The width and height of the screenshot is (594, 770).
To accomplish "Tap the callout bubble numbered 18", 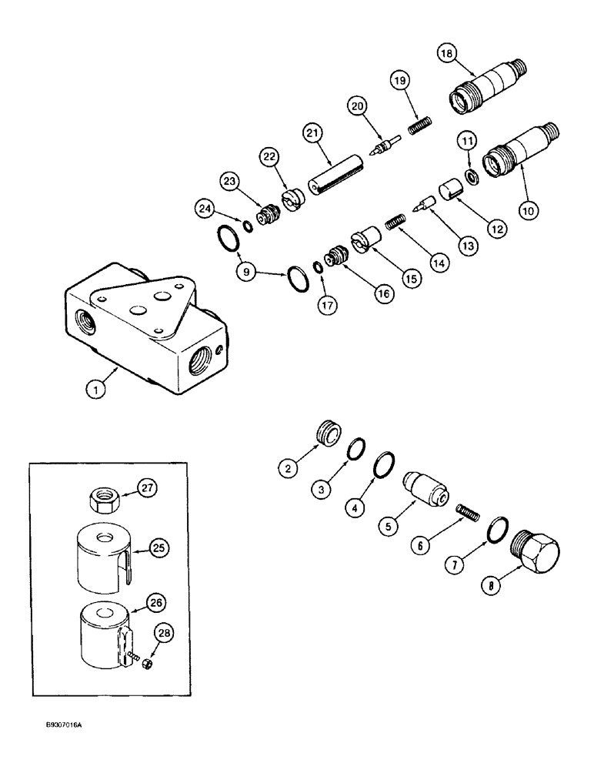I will pyautogui.click(x=447, y=53).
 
